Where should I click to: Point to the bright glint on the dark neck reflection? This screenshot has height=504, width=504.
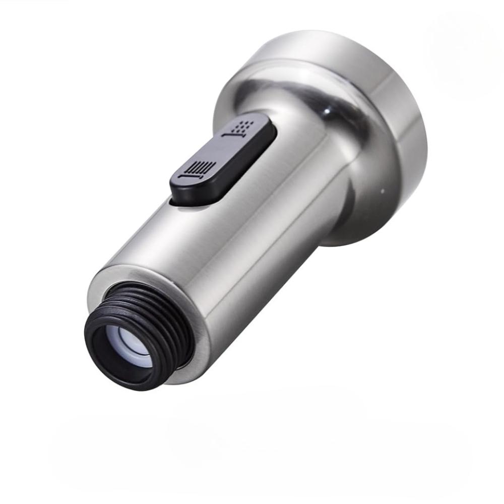pos(329,107)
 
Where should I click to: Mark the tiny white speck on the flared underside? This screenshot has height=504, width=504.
pos(382,191)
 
